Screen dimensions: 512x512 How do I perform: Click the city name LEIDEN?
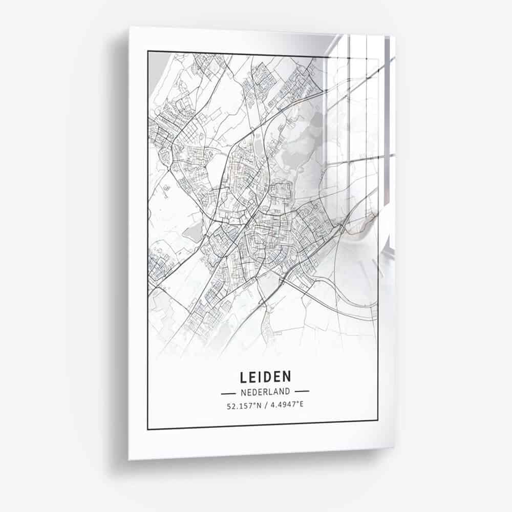[265, 377]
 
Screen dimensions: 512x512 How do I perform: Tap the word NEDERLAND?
[265, 392]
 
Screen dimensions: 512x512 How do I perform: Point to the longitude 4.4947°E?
[287, 405]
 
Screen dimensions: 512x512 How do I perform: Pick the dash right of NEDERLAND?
[302, 392]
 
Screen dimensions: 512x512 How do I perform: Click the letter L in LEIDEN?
[243, 377]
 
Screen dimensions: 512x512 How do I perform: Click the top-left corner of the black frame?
[148, 51]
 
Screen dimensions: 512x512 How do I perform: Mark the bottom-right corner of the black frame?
[378, 421]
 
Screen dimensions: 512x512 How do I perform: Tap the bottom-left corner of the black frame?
[148, 429]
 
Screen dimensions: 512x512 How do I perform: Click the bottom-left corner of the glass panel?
[129, 459]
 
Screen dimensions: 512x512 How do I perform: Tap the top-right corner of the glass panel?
[395, 36]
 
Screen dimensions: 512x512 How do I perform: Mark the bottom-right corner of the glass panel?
[394, 449]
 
